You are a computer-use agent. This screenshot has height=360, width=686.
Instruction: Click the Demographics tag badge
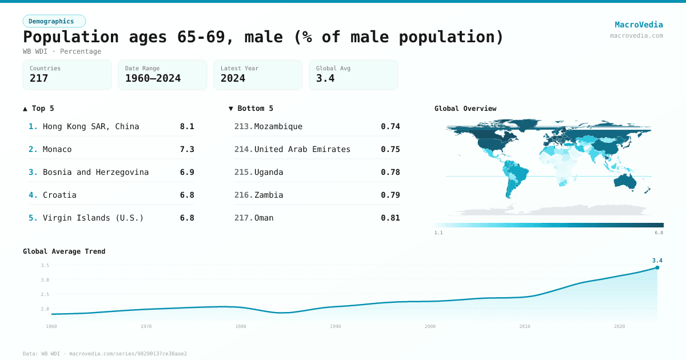coord(54,21)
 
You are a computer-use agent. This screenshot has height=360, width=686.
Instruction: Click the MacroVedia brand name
coord(639,25)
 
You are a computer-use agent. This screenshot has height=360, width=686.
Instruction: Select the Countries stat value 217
coord(39,78)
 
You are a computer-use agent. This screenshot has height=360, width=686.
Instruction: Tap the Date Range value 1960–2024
coord(153,78)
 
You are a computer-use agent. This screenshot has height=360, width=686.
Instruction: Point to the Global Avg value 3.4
coord(325,78)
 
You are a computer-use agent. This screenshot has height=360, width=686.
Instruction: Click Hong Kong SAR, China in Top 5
coord(91,126)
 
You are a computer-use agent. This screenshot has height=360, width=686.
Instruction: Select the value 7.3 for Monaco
coord(187,149)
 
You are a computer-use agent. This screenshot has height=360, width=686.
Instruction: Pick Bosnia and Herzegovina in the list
coord(95,172)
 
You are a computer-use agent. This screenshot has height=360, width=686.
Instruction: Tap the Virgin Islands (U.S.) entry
coord(93,218)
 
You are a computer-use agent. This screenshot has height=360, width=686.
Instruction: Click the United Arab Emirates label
coord(302,149)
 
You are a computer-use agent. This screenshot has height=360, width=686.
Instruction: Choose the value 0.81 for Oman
coord(390,218)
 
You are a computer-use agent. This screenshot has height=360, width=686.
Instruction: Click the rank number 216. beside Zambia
coord(244,195)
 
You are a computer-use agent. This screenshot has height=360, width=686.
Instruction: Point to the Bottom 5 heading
coord(251,108)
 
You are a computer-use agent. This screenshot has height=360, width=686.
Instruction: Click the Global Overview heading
coord(465,108)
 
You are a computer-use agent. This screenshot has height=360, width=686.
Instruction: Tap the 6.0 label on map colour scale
coord(659,233)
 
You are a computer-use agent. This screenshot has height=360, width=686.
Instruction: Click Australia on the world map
coord(629,182)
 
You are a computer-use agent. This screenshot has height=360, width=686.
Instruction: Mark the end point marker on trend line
coord(657,267)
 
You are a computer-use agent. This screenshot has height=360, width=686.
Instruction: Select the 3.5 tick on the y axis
coord(45,265)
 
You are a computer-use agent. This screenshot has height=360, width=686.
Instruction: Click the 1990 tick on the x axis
coord(336,326)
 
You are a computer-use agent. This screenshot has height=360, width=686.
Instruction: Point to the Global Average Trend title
coord(64,251)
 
